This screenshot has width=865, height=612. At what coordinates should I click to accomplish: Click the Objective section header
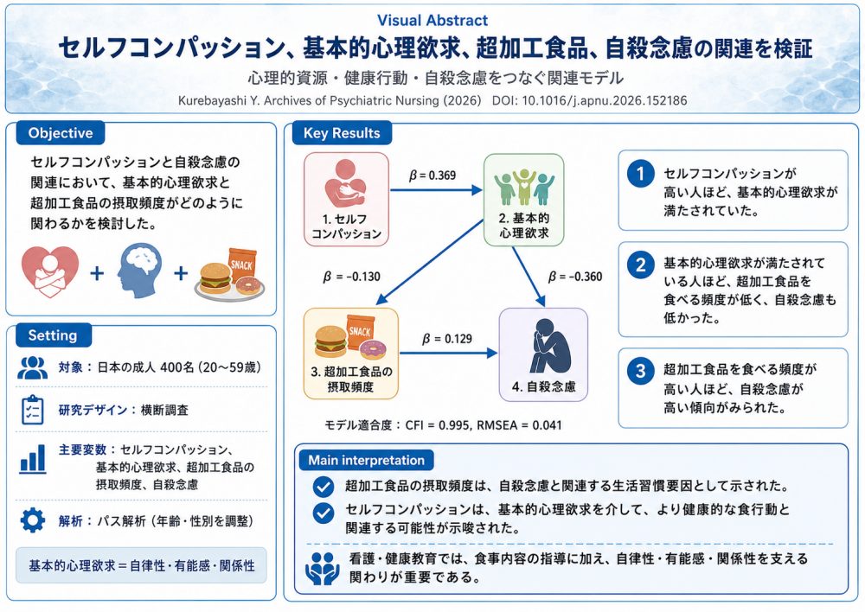pos(61,133)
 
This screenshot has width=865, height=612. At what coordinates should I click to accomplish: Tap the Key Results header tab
pos(342,133)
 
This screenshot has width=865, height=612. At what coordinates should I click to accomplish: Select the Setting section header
pos(53,335)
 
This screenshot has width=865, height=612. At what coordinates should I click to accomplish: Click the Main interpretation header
pos(366,460)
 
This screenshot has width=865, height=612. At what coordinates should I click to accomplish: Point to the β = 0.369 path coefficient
pos(432,175)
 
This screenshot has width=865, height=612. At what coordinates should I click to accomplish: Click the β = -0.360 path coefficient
pos(575,277)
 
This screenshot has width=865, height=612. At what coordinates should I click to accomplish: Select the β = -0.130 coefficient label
pos(351,277)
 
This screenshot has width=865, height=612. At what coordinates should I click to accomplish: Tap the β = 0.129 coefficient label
pos(447,339)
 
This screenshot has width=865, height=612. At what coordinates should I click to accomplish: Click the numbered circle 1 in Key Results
pos(640,175)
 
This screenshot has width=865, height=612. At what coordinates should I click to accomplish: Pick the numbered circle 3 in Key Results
pos(640,371)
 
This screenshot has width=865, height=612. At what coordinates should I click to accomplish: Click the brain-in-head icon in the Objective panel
pos(139,271)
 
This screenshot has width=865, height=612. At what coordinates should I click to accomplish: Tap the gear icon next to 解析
pos(33,520)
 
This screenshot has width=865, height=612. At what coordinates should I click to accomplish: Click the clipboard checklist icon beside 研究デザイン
pos(32,410)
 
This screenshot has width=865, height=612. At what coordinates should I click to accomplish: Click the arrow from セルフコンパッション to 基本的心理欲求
pos(436,190)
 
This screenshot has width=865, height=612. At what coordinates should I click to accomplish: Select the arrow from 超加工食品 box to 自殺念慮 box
pos(448,353)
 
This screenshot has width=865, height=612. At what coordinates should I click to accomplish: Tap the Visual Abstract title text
pos(432,21)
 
